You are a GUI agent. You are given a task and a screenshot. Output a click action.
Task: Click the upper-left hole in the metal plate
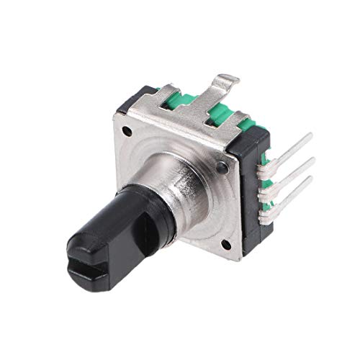click(128, 132)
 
